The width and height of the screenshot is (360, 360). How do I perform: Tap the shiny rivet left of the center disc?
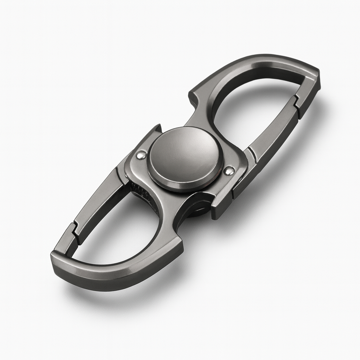[x=141, y=155]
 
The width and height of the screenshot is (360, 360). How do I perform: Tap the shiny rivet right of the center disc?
[x=229, y=171]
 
